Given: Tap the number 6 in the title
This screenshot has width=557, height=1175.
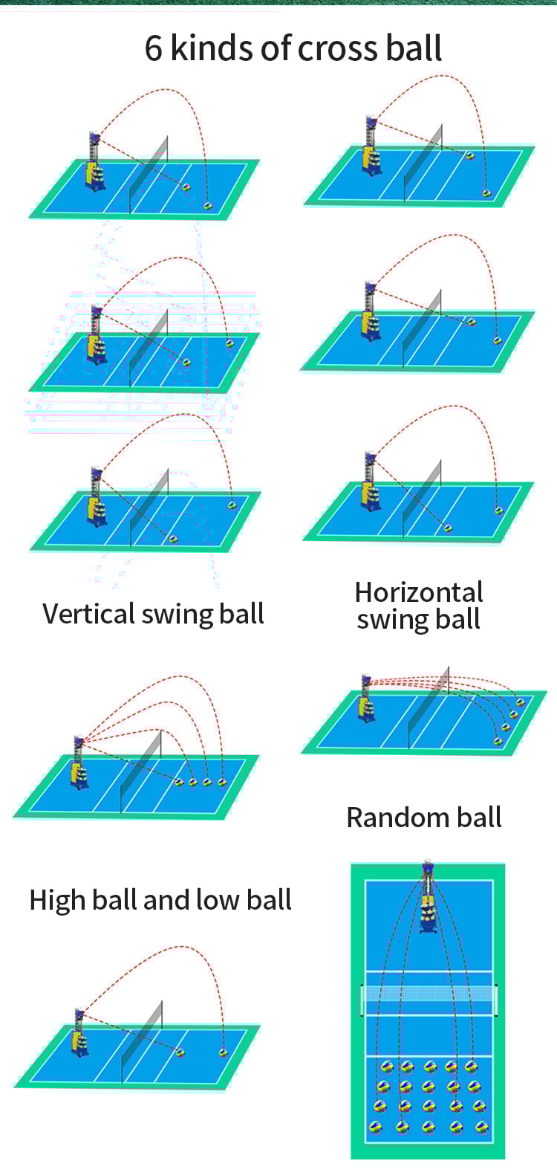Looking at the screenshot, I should [154, 48].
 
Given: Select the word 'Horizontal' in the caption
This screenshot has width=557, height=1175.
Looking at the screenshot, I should [419, 592].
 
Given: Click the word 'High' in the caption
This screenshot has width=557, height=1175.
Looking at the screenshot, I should [58, 900].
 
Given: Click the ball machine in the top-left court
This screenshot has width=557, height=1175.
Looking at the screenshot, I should [95, 171].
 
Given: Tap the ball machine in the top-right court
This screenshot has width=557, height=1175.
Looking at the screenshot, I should [371, 149].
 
